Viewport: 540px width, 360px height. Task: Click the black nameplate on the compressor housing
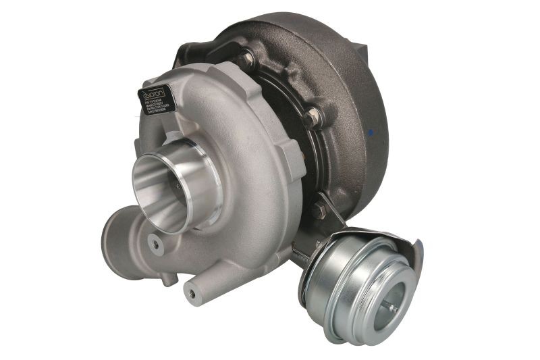coord(157,100)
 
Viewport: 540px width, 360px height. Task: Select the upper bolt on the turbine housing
coord(247,59)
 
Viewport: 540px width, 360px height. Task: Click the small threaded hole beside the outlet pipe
coord(157,245)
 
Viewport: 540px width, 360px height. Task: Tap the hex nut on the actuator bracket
coord(319,211)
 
